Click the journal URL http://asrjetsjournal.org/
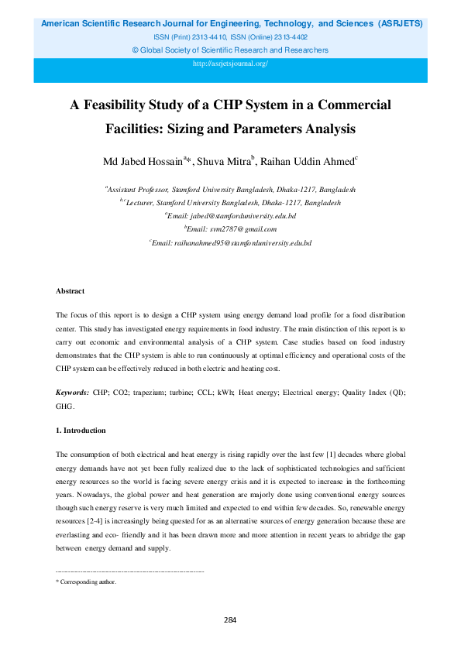(230, 63)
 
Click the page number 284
(230, 619)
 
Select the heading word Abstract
(70, 291)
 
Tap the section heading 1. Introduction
(81, 431)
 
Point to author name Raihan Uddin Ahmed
(307, 162)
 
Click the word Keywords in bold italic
(73, 395)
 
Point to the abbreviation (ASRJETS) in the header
(400, 24)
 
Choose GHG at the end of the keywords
(64, 407)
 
